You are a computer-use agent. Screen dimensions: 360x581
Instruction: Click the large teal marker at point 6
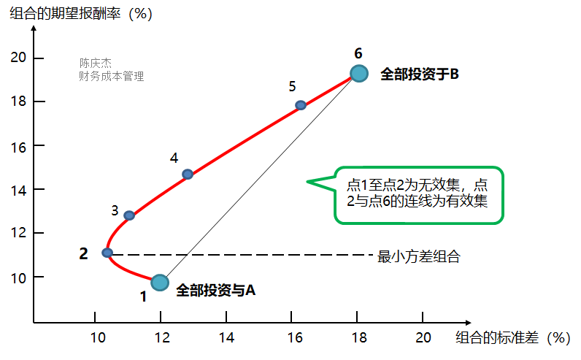pyautogui.click(x=358, y=73)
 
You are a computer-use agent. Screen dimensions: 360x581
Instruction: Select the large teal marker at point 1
pyautogui.click(x=160, y=283)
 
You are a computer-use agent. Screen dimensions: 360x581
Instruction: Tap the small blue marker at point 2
pyautogui.click(x=107, y=253)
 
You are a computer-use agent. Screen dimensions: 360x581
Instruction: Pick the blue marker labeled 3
pyautogui.click(x=129, y=215)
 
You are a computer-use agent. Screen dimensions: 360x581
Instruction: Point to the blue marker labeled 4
pyautogui.click(x=188, y=174)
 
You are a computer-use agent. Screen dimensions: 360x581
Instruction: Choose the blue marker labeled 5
pyautogui.click(x=301, y=105)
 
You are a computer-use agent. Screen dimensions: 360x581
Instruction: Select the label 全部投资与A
pyautogui.click(x=215, y=290)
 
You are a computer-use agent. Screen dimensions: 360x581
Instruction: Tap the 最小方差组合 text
pyautogui.click(x=419, y=256)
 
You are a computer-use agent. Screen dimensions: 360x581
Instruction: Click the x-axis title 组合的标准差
pyautogui.click(x=511, y=337)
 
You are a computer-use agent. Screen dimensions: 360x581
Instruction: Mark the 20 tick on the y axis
pyautogui.click(x=19, y=58)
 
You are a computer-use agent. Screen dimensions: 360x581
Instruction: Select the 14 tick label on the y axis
pyautogui.click(x=19, y=189)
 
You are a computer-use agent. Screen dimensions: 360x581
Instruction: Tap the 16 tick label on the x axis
pyautogui.click(x=293, y=337)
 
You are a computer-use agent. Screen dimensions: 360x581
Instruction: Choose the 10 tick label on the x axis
pyautogui.click(x=96, y=337)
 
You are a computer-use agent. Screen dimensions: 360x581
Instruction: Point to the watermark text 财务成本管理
pyautogui.click(x=112, y=76)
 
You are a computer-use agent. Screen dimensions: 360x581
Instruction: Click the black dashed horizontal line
pyautogui.click(x=241, y=255)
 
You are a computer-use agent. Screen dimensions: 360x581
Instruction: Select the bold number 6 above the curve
pyautogui.click(x=358, y=53)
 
